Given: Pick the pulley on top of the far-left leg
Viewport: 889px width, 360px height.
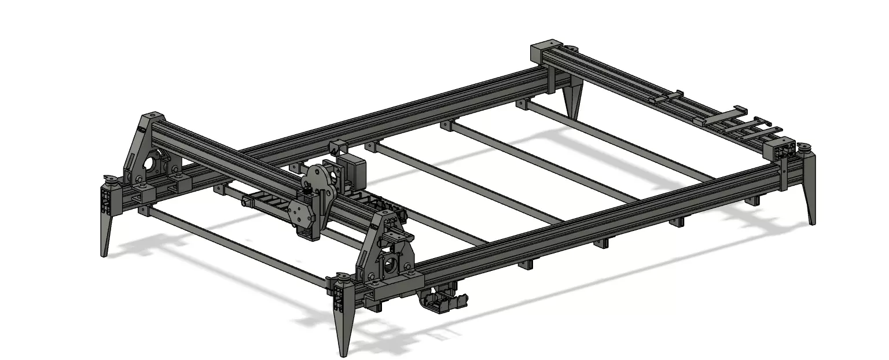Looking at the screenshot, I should [x=108, y=178].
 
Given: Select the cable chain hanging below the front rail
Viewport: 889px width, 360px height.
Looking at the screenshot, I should [x=443, y=301].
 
